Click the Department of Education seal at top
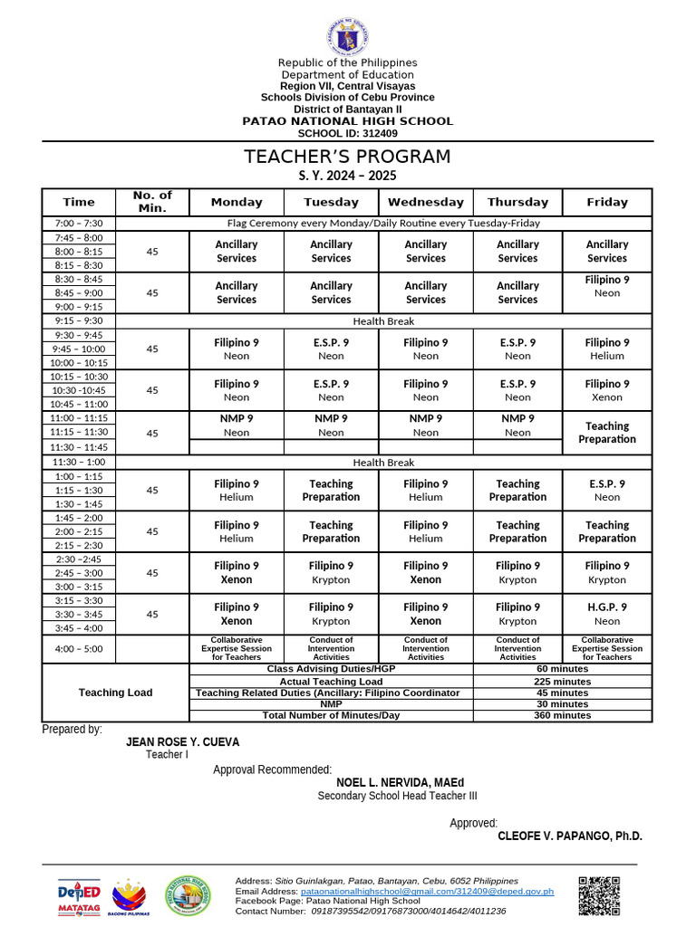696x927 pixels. [348, 37]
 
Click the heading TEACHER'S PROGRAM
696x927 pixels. [347, 157]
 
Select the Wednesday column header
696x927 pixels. [425, 202]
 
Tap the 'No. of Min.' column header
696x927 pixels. [152, 202]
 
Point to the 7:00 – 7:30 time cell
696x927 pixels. [79, 223]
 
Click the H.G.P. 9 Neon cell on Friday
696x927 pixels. [606, 614]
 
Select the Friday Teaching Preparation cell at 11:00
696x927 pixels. [606, 433]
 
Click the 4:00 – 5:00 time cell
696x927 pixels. [79, 648]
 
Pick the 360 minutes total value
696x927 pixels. [562, 715]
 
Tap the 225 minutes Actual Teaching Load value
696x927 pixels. [562, 682]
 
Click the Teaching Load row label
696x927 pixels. [115, 693]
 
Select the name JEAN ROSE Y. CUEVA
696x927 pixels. [182, 741]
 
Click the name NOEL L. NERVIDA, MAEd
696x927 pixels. [400, 782]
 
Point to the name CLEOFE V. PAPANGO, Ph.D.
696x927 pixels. [569, 836]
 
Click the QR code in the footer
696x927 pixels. [599, 896]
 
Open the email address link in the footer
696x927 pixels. [427, 891]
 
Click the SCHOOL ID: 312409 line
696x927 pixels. [347, 133]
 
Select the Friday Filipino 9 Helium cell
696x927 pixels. [606, 349]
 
